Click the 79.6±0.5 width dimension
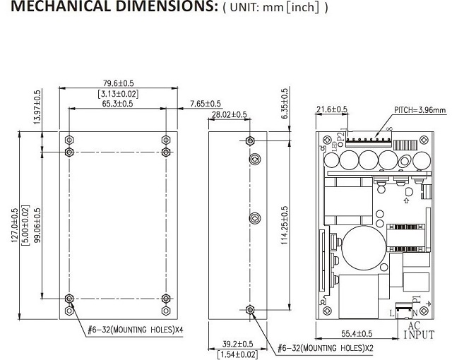coord(117,82)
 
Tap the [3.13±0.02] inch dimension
coord(117,92)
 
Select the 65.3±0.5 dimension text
coord(117,103)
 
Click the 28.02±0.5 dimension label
coord(229,114)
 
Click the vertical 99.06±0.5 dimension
coord(37,224)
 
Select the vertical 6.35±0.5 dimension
coord(285,104)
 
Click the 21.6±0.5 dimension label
coord(331,109)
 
